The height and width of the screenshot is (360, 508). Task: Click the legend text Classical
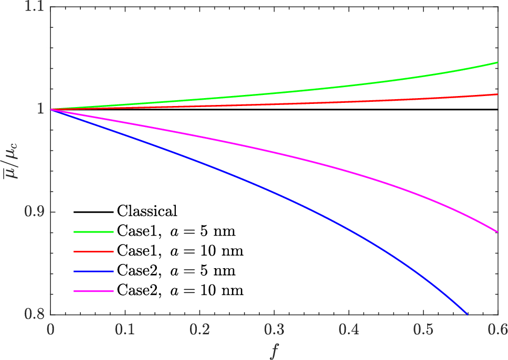[x=147, y=211]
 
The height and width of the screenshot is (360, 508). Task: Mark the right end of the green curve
[x=497, y=62]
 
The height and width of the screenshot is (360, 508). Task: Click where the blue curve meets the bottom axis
[x=467, y=314]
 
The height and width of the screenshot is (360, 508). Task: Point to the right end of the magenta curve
[x=497, y=232]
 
